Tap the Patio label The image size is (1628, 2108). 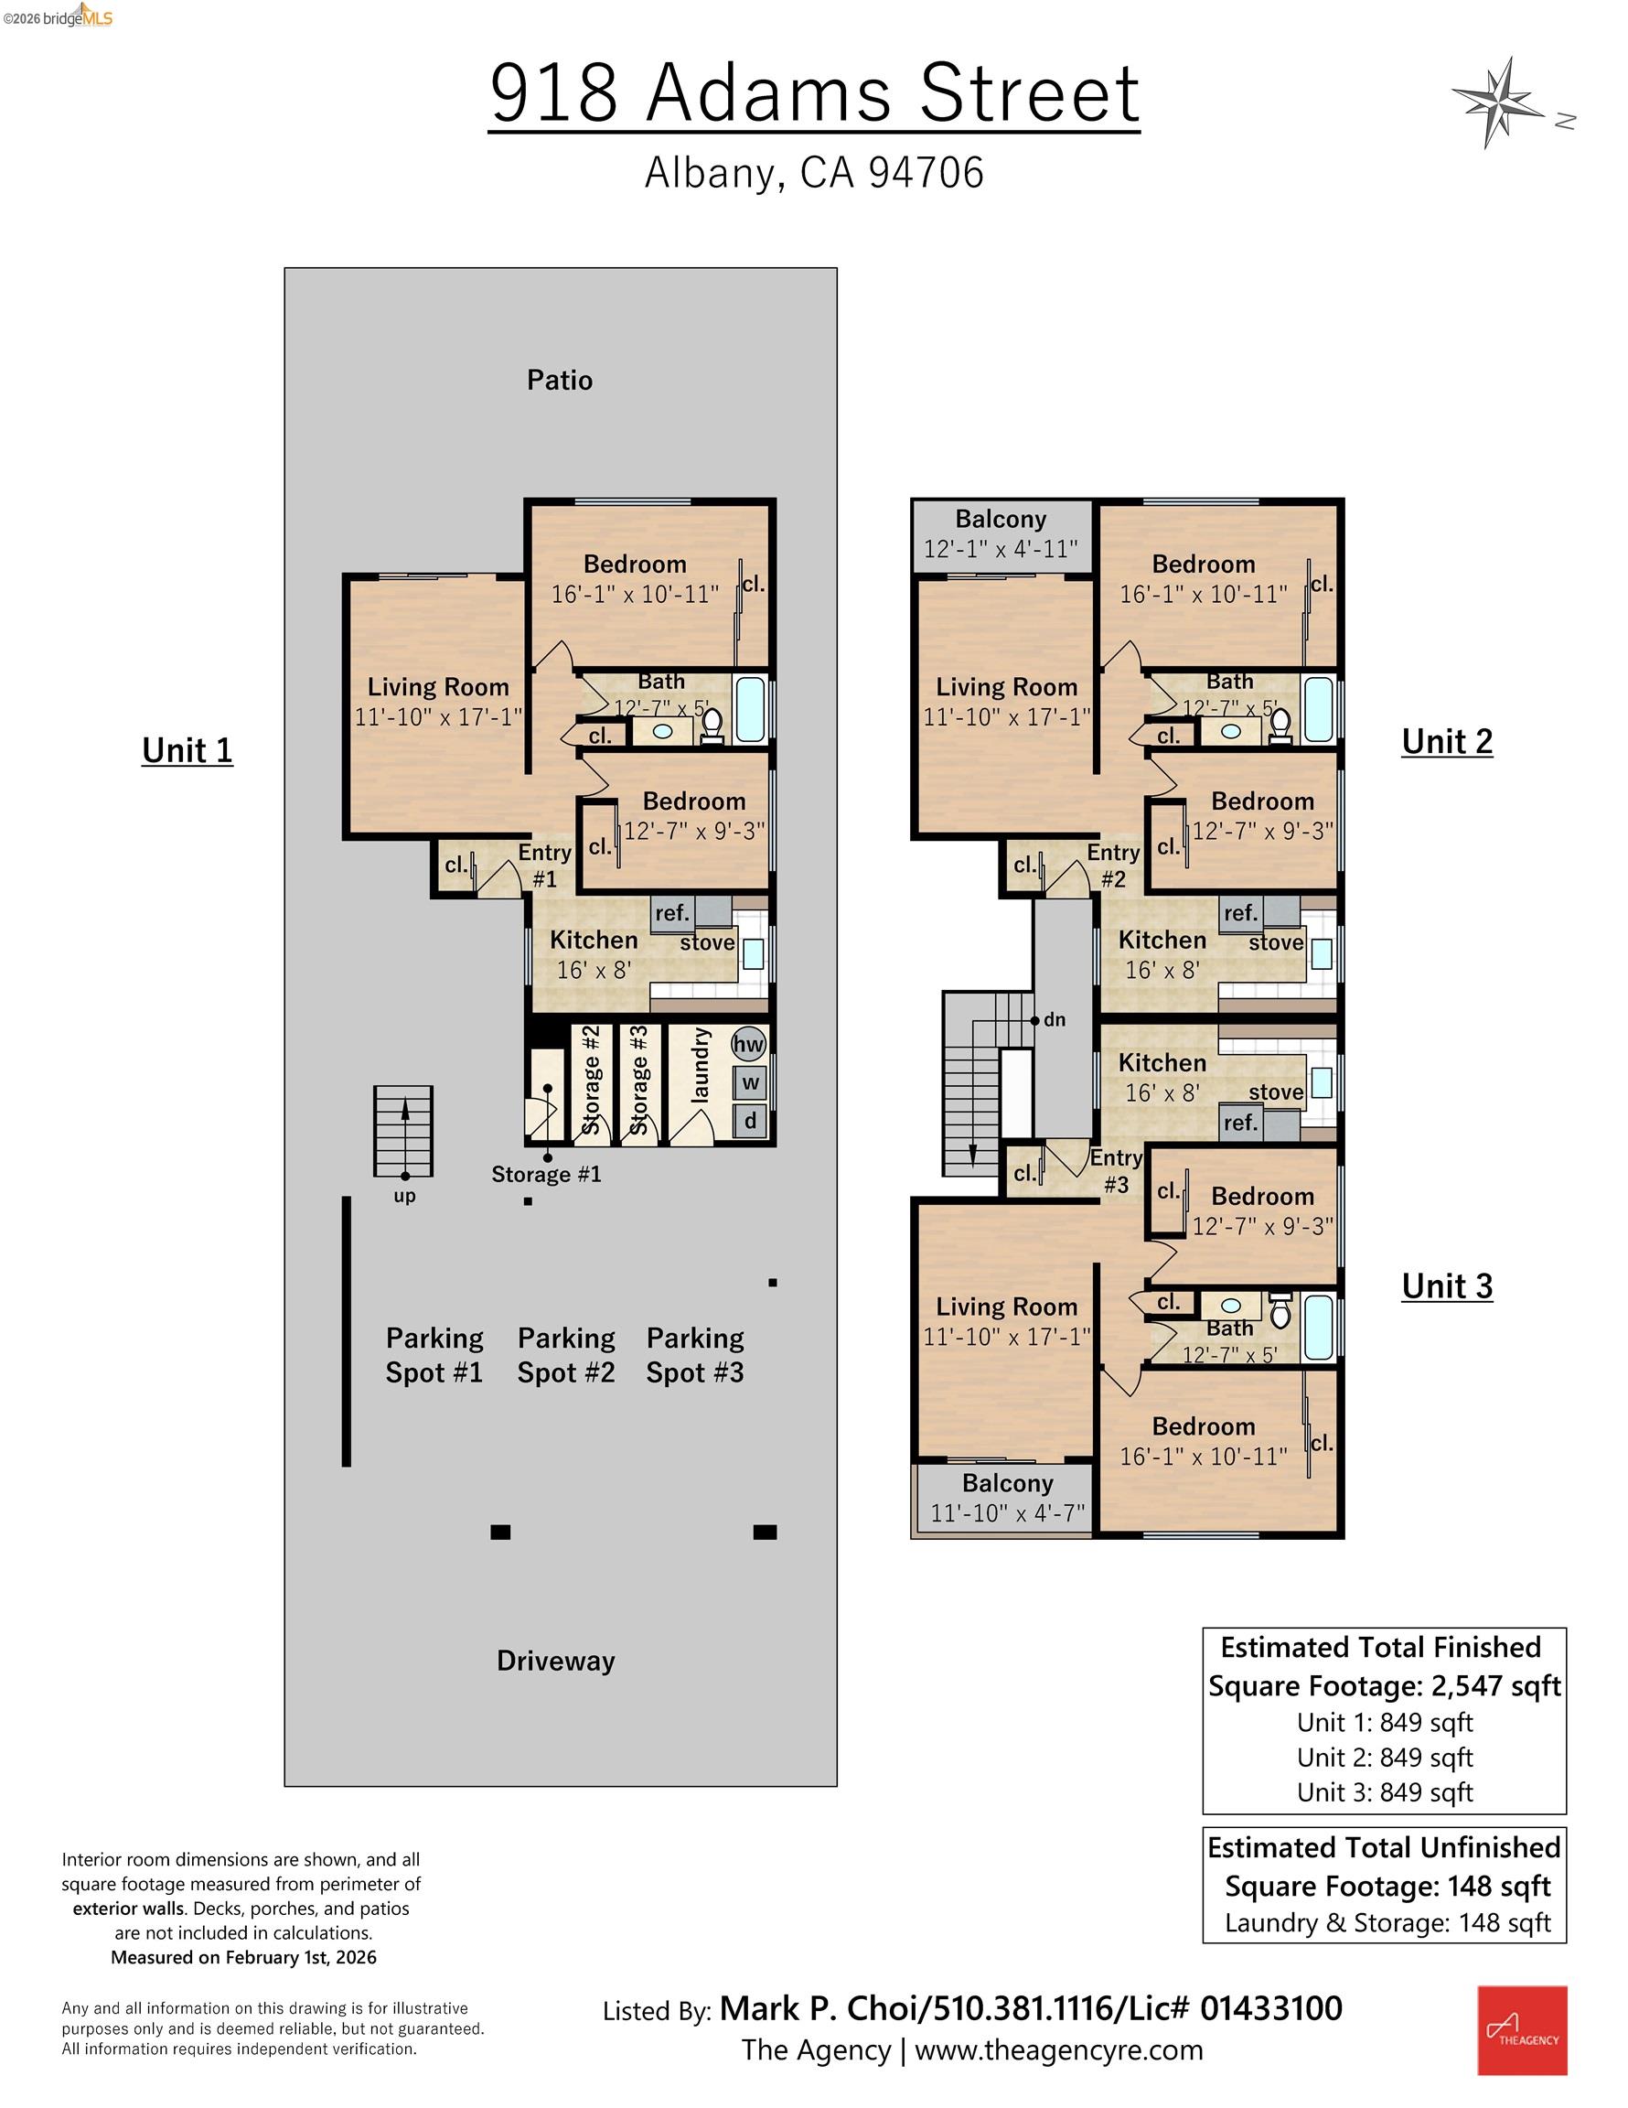tap(559, 381)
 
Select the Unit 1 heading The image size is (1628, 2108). tap(187, 750)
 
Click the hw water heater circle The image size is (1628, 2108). tap(749, 1044)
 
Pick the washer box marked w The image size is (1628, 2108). tap(750, 1083)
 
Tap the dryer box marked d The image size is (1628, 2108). tap(750, 1122)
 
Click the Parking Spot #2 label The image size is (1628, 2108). tap(565, 1355)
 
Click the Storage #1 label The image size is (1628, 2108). tap(546, 1175)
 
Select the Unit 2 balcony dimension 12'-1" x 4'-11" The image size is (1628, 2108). tap(1001, 549)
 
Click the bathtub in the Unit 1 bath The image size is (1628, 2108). tap(750, 709)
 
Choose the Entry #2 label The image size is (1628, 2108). tap(1114, 865)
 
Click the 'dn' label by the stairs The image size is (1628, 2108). tap(1054, 1020)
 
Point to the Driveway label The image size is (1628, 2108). tap(556, 1662)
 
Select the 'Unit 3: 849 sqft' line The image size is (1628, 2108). tap(1384, 1792)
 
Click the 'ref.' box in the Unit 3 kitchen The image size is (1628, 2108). tap(1241, 1123)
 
